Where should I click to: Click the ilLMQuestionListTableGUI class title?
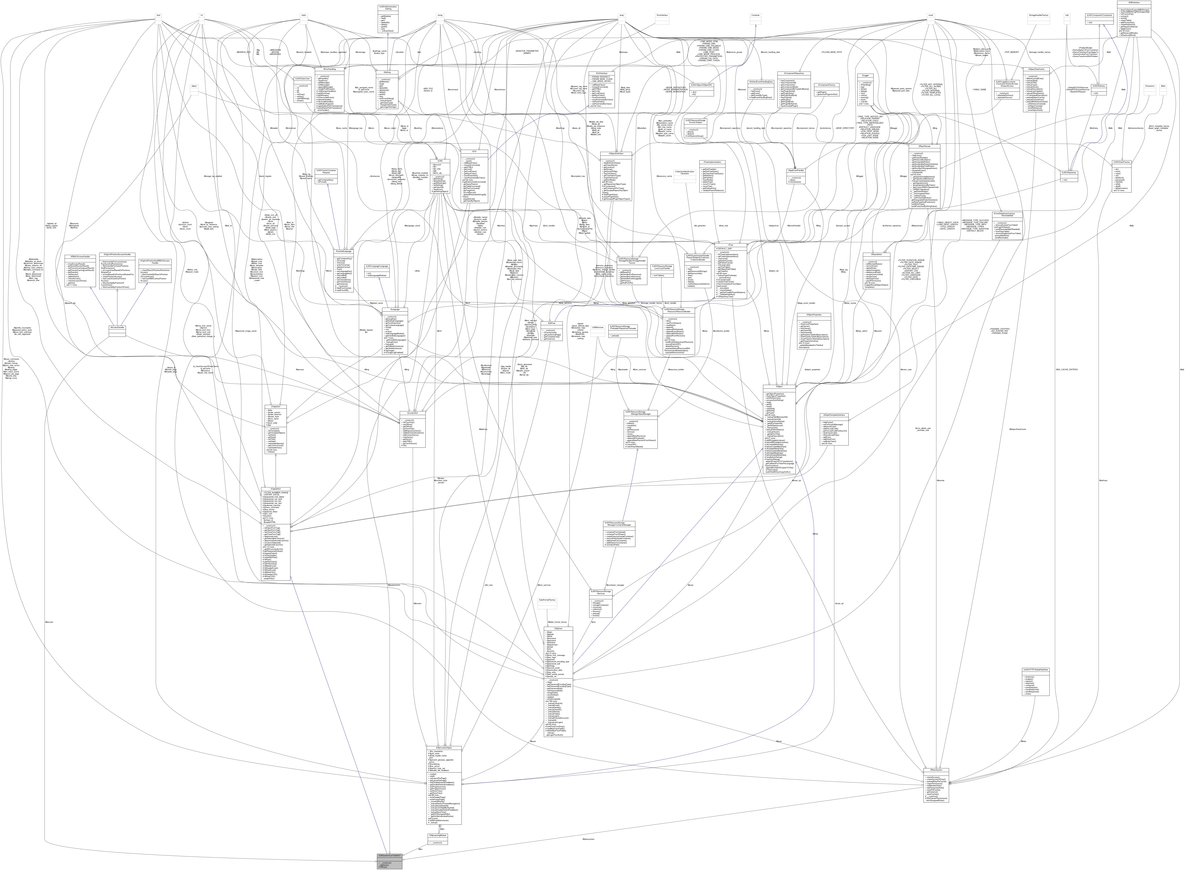click(390, 856)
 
